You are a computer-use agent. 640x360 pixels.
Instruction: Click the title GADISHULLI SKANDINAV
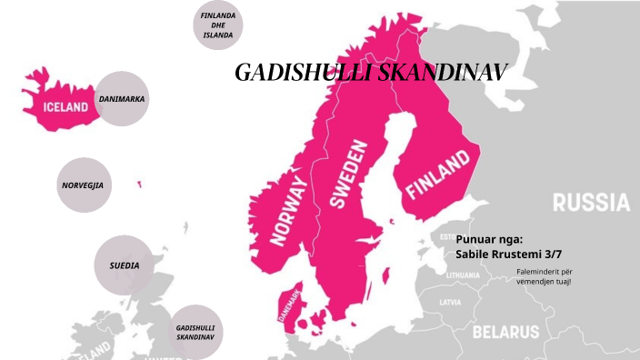coord(370,73)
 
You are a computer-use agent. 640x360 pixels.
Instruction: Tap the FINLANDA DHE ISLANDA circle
coord(218,25)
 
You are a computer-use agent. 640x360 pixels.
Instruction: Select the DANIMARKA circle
coord(122,98)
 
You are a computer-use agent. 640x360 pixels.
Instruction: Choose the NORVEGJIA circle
coord(83,185)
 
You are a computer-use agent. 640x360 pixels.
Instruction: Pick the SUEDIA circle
coord(125,265)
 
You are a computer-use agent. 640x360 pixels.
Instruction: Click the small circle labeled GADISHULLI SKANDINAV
coord(195,331)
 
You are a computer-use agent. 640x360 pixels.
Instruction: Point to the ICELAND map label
coord(66,106)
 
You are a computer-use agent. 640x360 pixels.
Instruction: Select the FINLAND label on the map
coord(438,175)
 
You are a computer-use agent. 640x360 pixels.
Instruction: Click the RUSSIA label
coord(591,202)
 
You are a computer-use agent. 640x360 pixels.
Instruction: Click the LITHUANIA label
coord(463,274)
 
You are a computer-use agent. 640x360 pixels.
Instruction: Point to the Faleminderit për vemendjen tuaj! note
coord(544,276)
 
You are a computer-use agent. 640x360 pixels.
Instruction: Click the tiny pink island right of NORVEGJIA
coord(139,185)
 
